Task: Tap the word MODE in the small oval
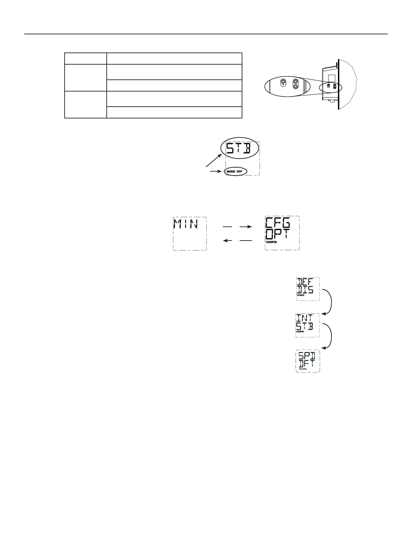click(231, 172)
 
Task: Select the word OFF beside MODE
click(239, 172)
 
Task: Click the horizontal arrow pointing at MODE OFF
click(216, 171)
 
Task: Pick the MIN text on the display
click(185, 224)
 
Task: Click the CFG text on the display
click(278, 223)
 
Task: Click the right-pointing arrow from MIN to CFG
click(238, 227)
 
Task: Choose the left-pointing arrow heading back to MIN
click(238, 241)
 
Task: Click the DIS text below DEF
click(305, 290)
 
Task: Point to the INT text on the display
click(304, 318)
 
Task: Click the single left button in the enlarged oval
click(283, 81)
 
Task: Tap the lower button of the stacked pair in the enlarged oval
click(296, 86)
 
